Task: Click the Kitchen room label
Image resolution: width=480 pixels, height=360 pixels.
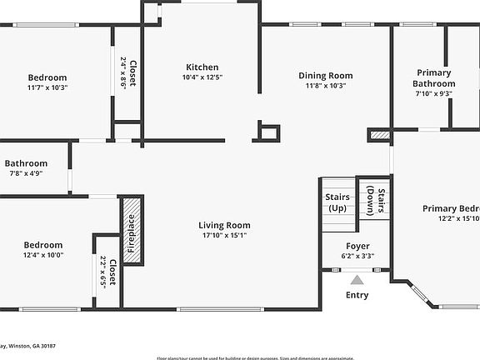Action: coord(202,67)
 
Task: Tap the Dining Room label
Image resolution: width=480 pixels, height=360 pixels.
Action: coord(326,76)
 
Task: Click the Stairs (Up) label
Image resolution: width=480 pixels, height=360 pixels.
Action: coord(337,202)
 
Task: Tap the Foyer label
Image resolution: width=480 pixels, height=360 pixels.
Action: coord(357,246)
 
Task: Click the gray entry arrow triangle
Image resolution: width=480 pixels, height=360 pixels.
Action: coord(357,280)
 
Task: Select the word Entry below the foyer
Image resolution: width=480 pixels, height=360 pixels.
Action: coord(357,295)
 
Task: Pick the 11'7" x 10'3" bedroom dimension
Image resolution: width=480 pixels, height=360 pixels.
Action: coord(47,87)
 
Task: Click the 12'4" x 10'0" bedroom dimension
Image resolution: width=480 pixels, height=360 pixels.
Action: coord(43,255)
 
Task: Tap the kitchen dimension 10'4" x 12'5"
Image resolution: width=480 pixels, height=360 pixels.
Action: coord(202,77)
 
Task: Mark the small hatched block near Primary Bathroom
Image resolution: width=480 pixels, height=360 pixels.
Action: coord(379,133)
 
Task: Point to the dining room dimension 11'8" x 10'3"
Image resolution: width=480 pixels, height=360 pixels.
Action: coord(326,86)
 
